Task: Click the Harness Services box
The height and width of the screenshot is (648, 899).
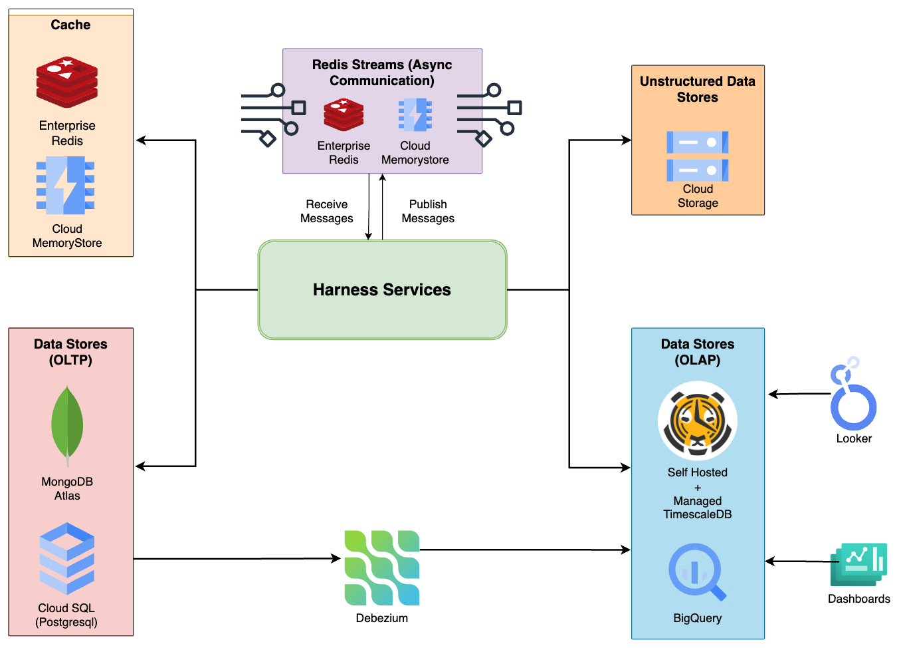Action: coord(382,290)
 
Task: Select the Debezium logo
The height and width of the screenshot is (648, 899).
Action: coord(382,567)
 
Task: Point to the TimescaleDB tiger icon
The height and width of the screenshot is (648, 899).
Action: coord(697,420)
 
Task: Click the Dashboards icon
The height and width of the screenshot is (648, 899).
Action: coord(859,564)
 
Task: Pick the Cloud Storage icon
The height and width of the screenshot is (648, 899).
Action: coord(697,156)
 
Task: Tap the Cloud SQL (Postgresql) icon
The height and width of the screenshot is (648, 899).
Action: coord(66,558)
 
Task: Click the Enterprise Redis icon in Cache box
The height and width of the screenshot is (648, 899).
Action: coord(67,82)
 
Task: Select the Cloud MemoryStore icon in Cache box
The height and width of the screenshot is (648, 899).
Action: coord(66,186)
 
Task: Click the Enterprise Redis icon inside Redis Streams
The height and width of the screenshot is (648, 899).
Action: coord(344,115)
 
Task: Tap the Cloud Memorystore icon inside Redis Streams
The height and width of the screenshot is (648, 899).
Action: coord(415,115)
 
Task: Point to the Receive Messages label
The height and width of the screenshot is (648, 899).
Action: coord(327,212)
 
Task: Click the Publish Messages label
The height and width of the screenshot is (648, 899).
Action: coord(428,212)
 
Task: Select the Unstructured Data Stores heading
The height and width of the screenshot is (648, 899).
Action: coord(698,89)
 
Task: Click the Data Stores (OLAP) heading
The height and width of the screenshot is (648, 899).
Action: coord(698,352)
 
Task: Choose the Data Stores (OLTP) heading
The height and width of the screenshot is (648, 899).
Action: coord(70,352)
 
